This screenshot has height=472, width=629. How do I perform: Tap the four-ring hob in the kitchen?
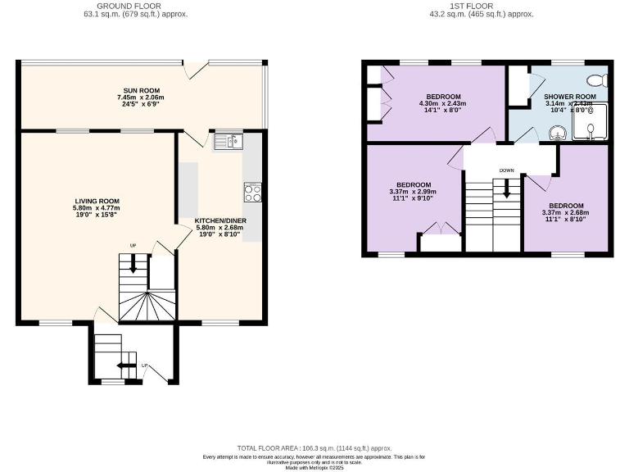251,193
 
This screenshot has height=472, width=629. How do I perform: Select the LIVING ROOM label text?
97,201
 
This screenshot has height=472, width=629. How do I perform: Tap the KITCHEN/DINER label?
220,221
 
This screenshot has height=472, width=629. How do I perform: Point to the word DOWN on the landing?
507,171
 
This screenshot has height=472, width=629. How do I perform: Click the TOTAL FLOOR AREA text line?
314,448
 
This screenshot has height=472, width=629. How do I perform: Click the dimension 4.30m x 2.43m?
442,103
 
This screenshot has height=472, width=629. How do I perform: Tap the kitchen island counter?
188,189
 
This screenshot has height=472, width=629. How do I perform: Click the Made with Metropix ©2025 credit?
314,467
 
